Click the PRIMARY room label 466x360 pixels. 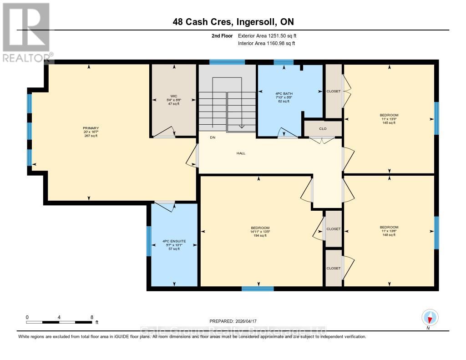coord(91,128)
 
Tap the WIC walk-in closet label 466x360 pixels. coord(173,96)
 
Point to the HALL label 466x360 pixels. coord(241,153)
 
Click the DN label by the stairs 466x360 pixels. coord(212,137)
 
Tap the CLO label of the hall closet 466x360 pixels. coord(323,129)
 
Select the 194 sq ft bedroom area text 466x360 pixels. coord(260,236)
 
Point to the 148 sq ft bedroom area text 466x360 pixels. coord(389,235)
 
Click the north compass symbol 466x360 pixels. coord(430,317)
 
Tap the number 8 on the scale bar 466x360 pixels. coord(92,317)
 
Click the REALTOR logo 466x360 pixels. coord(26,32)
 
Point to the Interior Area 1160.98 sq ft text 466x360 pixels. coord(267,43)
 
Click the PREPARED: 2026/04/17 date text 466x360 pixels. coord(233,321)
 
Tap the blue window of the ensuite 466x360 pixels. coord(148,241)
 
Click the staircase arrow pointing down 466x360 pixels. coord(241,127)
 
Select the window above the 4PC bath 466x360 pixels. coord(284,62)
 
